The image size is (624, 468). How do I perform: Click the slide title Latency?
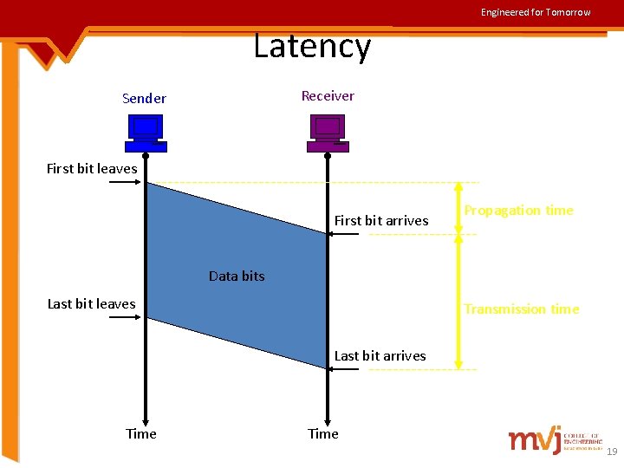(312, 46)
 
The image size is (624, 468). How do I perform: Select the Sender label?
(144, 99)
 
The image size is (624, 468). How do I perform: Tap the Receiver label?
(328, 96)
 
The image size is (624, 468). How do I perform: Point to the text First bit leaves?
(92, 169)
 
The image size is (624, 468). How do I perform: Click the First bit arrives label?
(381, 221)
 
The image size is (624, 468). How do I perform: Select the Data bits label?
(237, 276)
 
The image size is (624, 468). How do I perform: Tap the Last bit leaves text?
(91, 304)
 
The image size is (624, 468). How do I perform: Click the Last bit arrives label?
(380, 356)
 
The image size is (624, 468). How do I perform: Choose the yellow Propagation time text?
(518, 211)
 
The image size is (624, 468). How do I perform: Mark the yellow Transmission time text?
(521, 309)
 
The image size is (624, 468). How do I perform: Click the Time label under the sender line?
(141, 434)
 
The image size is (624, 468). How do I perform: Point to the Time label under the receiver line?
(323, 434)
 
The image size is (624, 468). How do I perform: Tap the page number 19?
(612, 452)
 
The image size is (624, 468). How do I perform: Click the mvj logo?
(535, 440)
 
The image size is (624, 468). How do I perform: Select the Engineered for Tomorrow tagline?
(536, 12)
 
